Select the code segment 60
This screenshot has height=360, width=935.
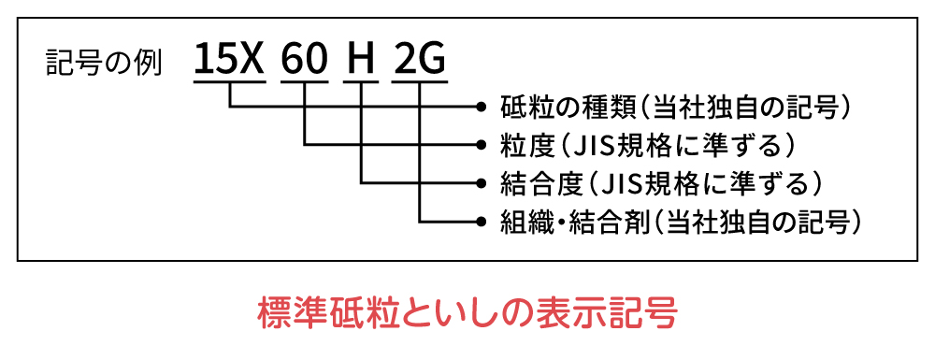pos(306,62)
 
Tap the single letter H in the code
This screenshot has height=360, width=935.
pos(361,62)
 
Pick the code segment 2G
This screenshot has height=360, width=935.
pos(420,62)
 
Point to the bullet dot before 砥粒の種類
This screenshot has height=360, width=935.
pos(482,107)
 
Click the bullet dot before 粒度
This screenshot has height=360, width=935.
pos(482,145)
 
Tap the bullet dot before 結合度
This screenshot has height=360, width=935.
pos(482,183)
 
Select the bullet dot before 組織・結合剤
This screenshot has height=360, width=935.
pos(482,222)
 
